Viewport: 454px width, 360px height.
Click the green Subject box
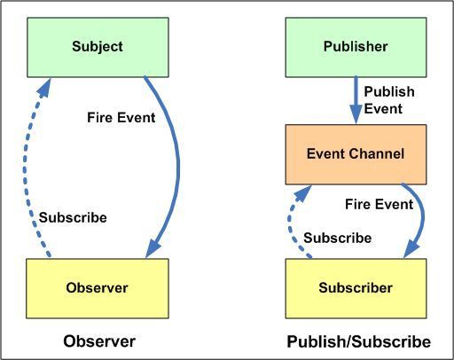tap(98, 47)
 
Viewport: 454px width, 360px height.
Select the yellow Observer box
tap(98, 286)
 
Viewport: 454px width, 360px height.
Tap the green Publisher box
tap(355, 47)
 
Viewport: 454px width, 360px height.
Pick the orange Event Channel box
tap(355, 153)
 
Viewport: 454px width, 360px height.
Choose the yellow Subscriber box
tap(355, 286)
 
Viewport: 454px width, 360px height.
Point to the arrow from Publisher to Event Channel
tap(355, 98)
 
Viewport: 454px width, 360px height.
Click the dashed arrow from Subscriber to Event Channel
tap(290, 222)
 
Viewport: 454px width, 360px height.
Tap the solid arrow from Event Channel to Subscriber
tap(422, 217)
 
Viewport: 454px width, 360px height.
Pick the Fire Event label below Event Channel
tap(379, 204)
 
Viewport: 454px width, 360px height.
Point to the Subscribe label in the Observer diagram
tap(73, 217)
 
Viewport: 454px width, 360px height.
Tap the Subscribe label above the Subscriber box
tap(337, 238)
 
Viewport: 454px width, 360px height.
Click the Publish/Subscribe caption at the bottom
tap(358, 341)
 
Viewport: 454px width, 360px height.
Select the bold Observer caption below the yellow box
tap(98, 341)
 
